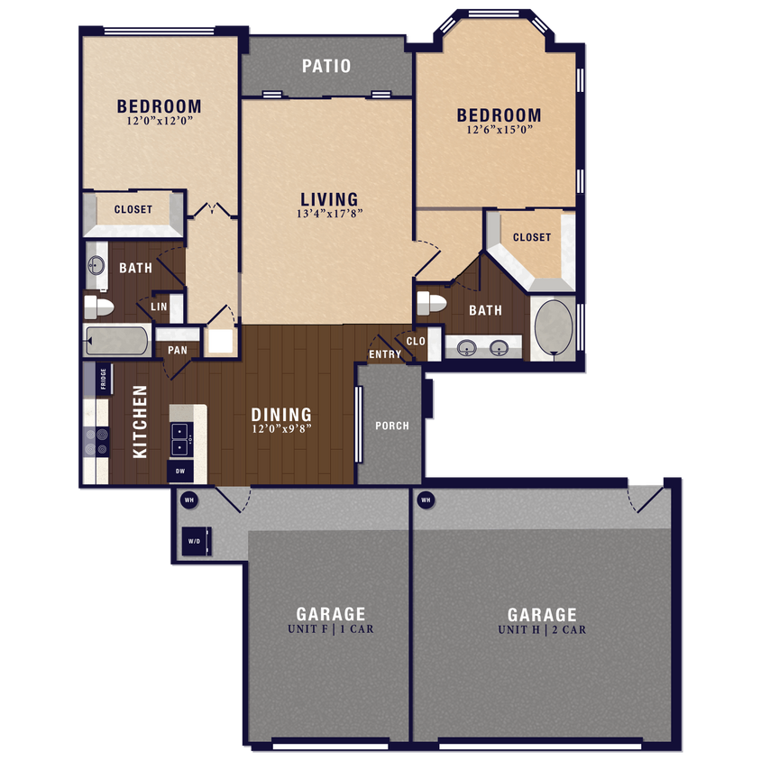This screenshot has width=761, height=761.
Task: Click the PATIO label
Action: [x=326, y=66]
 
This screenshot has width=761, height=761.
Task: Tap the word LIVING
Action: [x=329, y=199]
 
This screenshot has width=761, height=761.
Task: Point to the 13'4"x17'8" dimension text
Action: [x=329, y=215]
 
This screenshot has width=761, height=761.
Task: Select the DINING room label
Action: [x=281, y=415]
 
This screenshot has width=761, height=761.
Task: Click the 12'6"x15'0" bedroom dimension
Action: [x=499, y=130]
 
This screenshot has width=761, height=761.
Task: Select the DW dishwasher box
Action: [x=179, y=470]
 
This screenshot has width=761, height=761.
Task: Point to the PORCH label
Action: [x=391, y=426]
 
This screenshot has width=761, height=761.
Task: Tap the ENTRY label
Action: [x=385, y=354]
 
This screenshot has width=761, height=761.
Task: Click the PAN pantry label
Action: [x=178, y=350]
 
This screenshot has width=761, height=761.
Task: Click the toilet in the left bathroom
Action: [x=99, y=307]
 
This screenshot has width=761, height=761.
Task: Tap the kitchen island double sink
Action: [x=181, y=438]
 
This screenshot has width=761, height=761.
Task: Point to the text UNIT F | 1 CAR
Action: [x=330, y=629]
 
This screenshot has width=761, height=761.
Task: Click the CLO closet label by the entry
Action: [x=416, y=342]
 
